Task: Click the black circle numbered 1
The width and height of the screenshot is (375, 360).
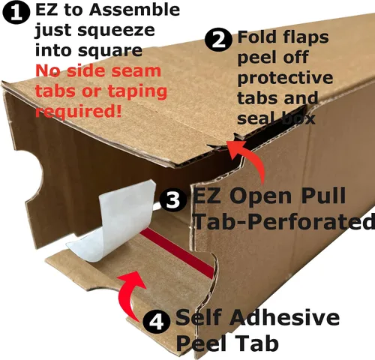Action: pos(16,13)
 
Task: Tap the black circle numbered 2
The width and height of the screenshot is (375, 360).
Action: pos(218,39)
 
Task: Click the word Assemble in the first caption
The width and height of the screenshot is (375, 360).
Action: pos(134,10)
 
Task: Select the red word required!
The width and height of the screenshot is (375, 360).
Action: pos(79,111)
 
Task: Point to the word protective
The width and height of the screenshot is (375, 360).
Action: pos(285,79)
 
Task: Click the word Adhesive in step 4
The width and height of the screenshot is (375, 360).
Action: pos(285,317)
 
